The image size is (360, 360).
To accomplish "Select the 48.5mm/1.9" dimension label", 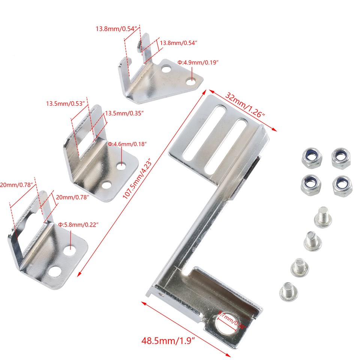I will [169, 341].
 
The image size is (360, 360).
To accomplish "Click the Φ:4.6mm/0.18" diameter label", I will [127, 144].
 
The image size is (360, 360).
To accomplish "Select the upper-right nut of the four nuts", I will [340, 158].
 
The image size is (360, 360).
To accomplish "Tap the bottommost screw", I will [287, 291].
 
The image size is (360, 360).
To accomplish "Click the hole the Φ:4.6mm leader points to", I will [121, 164].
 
